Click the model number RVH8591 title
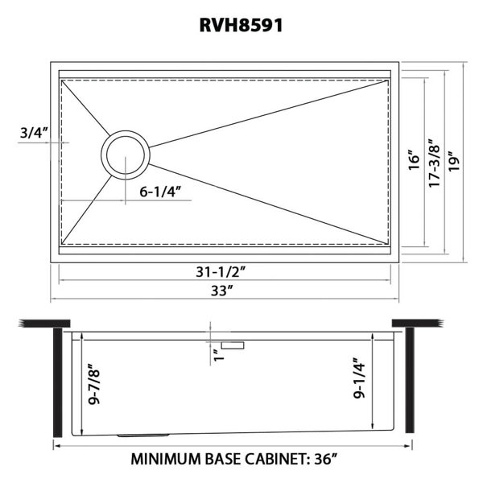(241, 26)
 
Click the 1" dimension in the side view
(217, 354)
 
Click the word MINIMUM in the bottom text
(171, 461)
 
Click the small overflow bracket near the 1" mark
(235, 345)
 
